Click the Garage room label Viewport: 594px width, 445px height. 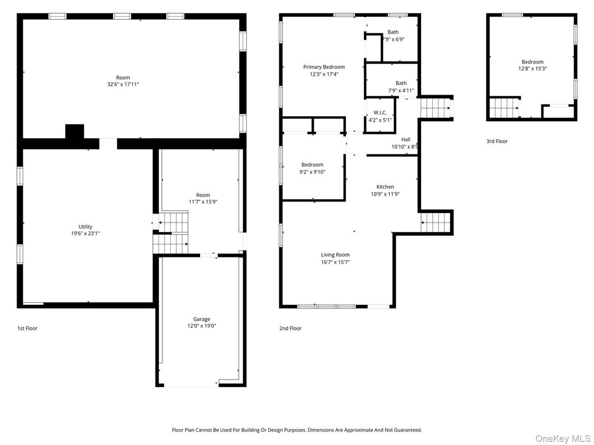tap(202, 319)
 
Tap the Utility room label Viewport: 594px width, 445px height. tap(85, 226)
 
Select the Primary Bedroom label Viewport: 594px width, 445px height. tap(324, 67)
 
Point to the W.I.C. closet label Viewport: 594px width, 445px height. tap(380, 112)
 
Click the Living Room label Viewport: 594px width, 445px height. tap(335, 255)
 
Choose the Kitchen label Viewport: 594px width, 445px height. tap(385, 187)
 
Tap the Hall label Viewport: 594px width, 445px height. tap(406, 139)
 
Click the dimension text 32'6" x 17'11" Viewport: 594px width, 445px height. tap(123, 84)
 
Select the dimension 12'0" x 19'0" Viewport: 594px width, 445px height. tap(202, 326)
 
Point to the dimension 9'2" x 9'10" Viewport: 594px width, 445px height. tap(313, 172)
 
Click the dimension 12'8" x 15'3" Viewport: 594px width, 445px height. tap(532, 69)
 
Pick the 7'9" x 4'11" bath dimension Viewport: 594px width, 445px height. tap(401, 90)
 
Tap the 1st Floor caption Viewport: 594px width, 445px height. tap(27, 328)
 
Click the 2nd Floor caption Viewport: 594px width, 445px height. tap(290, 328)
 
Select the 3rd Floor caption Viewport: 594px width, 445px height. tap(497, 141)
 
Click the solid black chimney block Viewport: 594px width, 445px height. tap(74, 132)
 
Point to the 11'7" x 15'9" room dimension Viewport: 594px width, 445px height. tap(203, 202)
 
